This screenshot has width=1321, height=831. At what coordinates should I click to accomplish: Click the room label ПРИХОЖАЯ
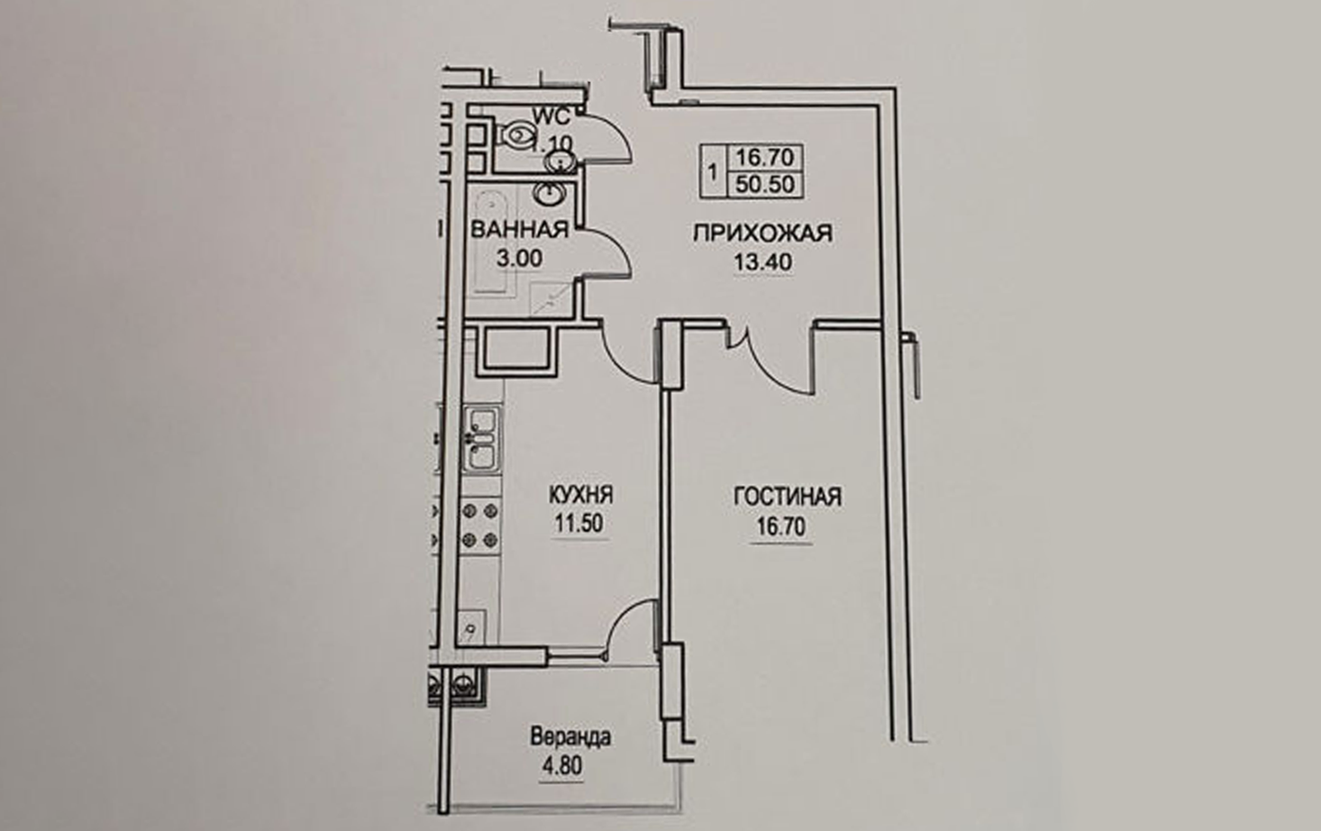tap(762, 233)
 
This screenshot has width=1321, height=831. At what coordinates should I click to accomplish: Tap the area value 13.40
tap(763, 262)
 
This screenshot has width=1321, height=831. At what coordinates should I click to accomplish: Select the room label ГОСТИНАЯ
tap(788, 497)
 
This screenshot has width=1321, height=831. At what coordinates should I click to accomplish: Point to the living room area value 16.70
tap(781, 526)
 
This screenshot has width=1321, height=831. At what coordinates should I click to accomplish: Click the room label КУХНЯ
tap(581, 495)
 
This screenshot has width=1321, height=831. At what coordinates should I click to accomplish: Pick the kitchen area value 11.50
tap(579, 523)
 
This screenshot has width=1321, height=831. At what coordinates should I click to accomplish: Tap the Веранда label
tap(570, 737)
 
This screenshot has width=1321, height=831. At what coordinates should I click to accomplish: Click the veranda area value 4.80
tap(562, 765)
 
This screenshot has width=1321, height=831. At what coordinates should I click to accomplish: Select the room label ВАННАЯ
tap(520, 230)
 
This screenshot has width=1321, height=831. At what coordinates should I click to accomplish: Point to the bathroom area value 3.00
tap(519, 258)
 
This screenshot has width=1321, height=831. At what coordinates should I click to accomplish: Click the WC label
tap(552, 115)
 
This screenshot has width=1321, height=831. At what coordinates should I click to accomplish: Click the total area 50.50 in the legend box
tap(765, 185)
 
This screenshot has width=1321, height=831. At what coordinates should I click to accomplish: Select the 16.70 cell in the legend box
tap(765, 158)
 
